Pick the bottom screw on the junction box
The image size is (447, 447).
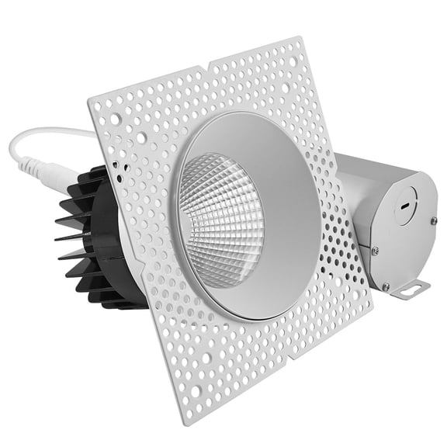coord(386,286)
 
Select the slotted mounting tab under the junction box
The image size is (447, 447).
coord(410,289)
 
